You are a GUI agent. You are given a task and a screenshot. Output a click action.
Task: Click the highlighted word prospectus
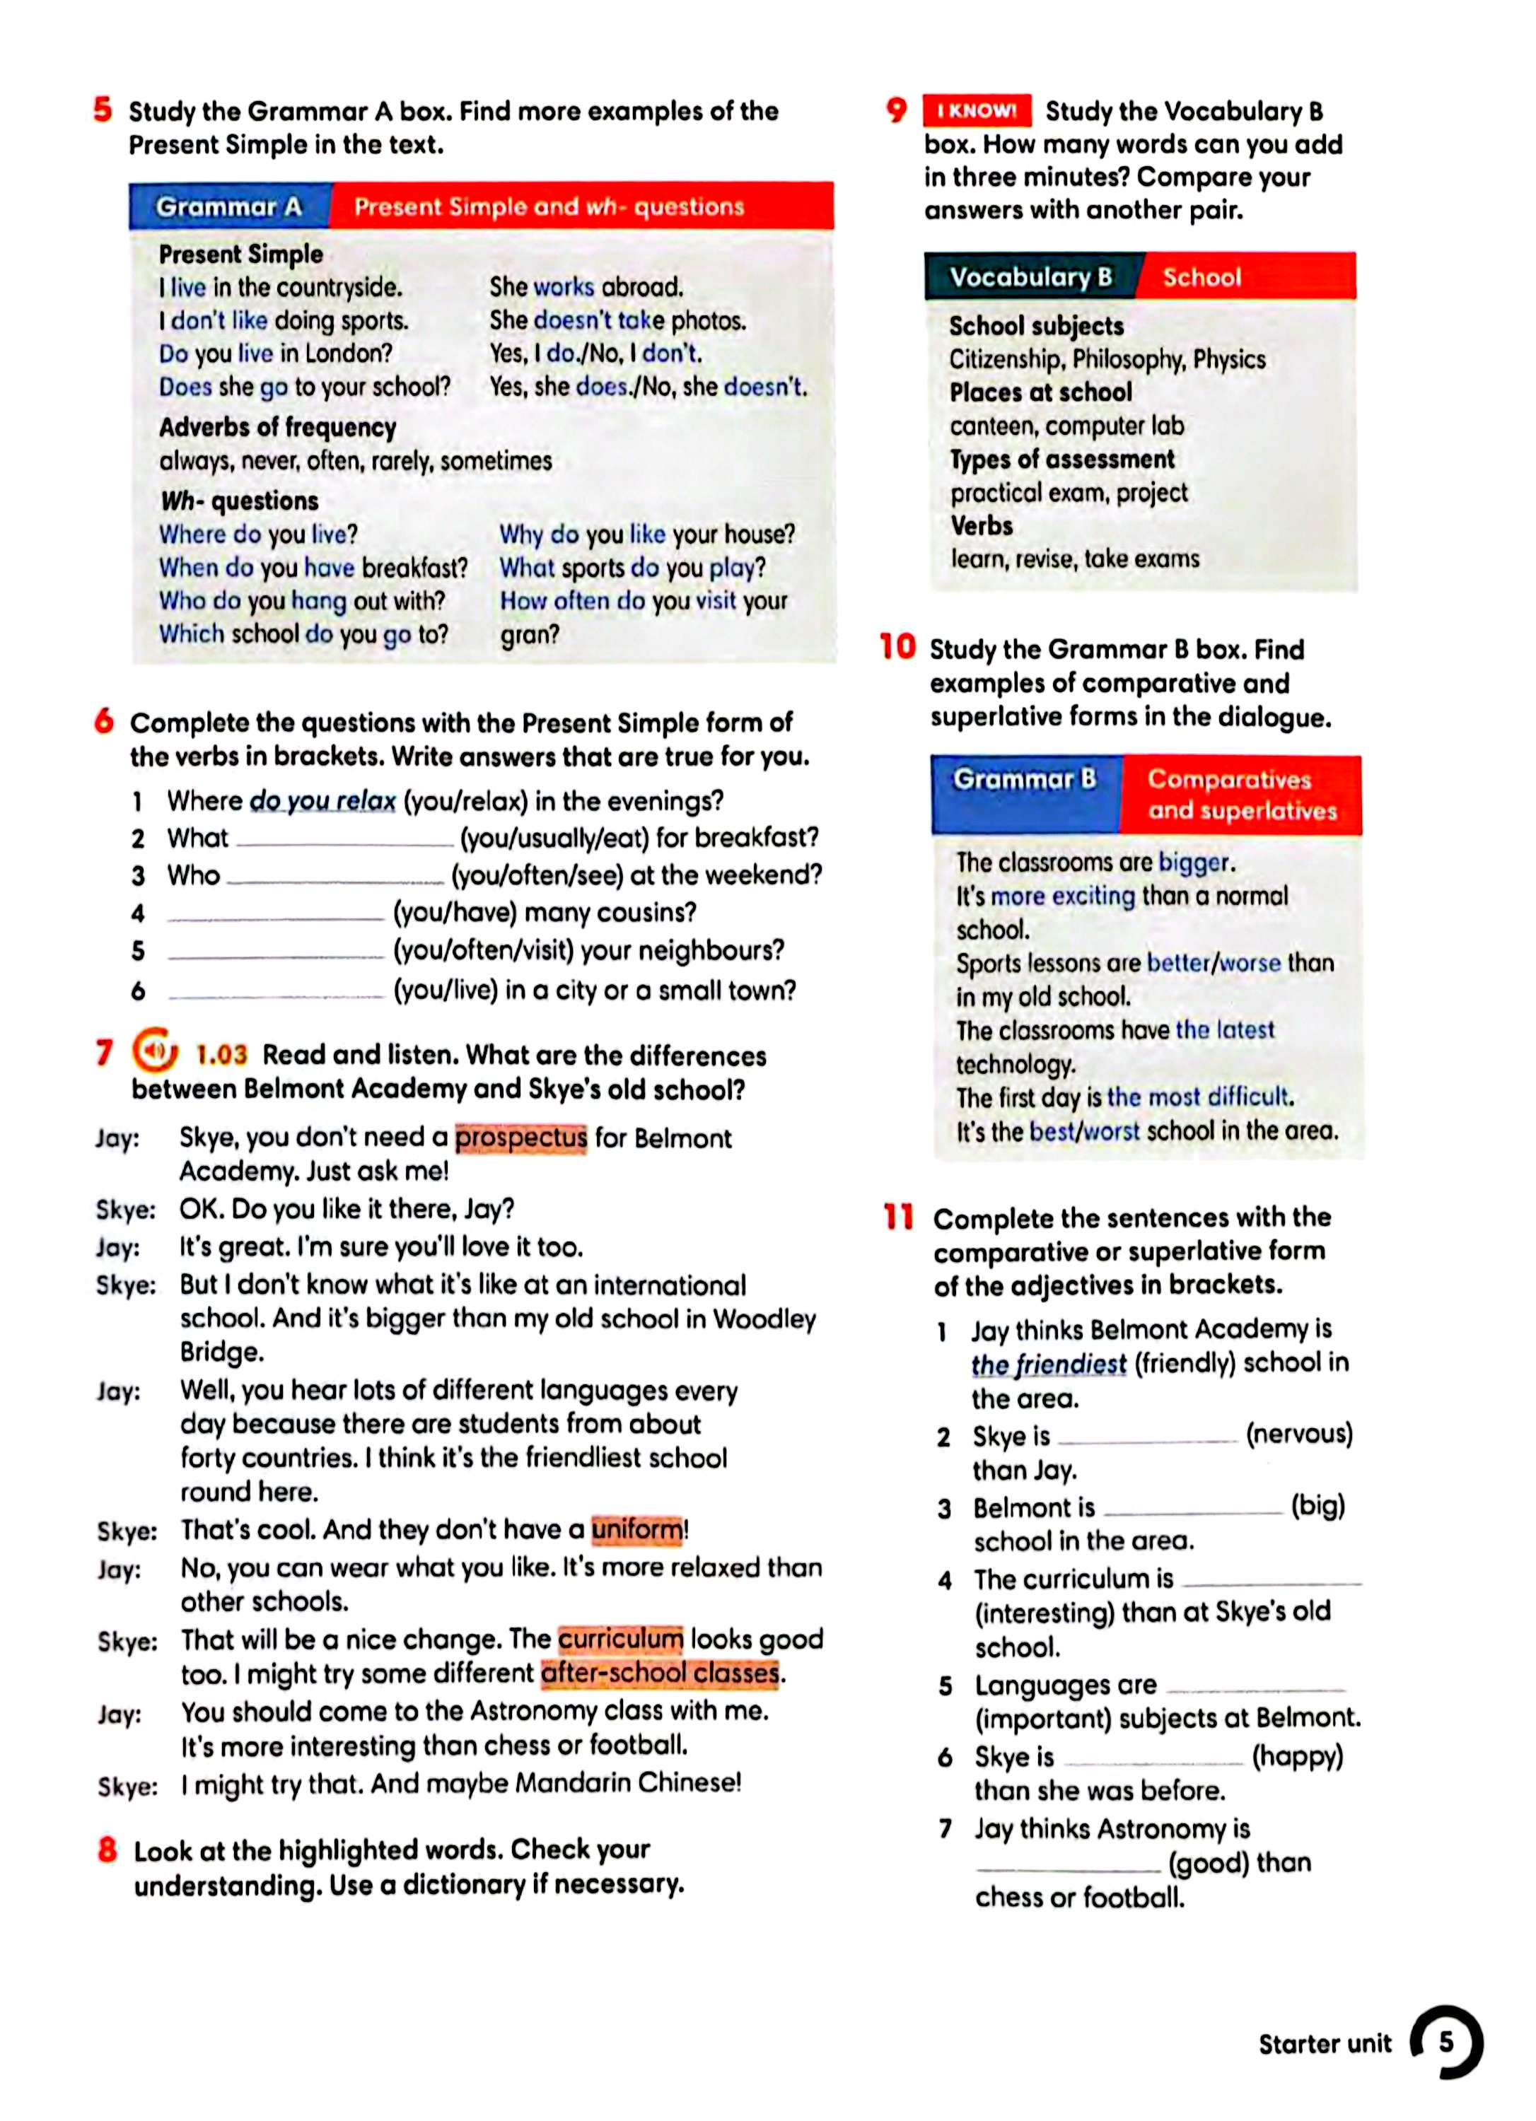(521, 1138)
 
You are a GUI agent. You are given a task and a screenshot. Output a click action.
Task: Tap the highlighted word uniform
(638, 1530)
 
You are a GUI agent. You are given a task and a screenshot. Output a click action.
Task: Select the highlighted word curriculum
(620, 1640)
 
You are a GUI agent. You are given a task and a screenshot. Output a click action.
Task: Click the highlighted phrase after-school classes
(661, 1673)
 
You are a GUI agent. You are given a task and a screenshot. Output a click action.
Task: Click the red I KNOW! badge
(977, 110)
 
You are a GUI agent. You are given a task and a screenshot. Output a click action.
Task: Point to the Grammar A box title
(229, 206)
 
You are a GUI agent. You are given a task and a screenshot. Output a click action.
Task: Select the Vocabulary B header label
(1030, 277)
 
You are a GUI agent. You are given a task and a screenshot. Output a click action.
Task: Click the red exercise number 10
(898, 646)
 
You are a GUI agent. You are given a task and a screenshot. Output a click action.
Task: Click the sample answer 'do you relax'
(322, 802)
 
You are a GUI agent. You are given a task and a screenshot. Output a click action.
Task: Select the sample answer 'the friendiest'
(1048, 1365)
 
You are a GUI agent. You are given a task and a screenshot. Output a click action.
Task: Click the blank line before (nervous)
(1147, 1438)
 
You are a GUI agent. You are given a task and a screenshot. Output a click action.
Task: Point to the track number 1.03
(221, 1055)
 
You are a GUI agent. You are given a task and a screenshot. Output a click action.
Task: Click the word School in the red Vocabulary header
(1202, 277)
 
